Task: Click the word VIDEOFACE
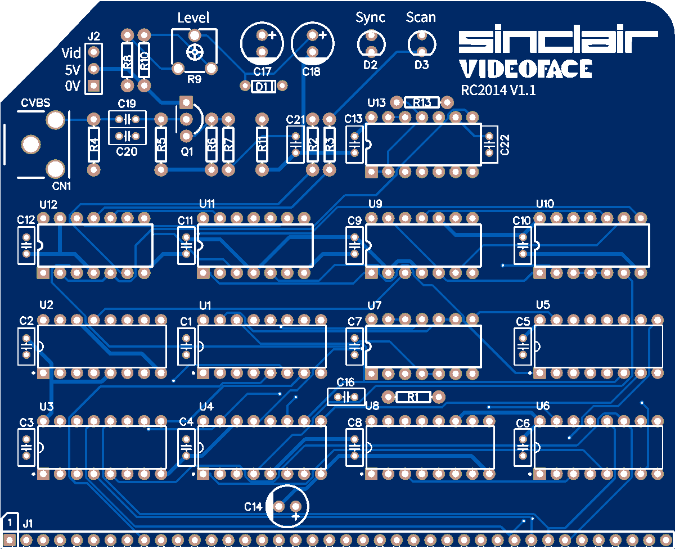(525, 69)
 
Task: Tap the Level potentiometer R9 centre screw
(195, 52)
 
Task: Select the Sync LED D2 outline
(371, 42)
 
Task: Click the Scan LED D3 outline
(421, 42)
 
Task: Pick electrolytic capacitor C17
(262, 43)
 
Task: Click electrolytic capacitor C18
(313, 43)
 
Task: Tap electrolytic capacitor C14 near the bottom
(287, 506)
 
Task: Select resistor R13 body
(422, 102)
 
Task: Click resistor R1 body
(413, 397)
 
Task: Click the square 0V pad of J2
(94, 85)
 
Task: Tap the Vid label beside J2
(71, 53)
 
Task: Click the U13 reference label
(376, 102)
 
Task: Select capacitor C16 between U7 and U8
(346, 397)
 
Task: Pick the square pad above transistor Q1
(186, 102)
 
